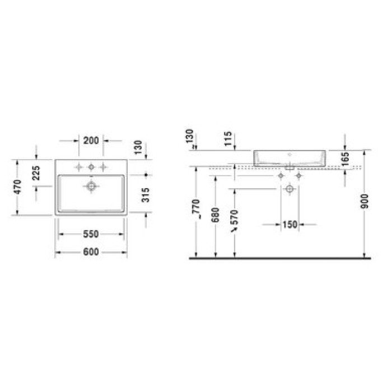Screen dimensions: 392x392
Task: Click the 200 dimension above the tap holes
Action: (91, 141)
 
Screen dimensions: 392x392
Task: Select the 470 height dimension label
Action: (18, 186)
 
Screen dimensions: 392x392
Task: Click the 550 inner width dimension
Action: (91, 234)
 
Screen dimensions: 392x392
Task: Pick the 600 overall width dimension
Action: (91, 253)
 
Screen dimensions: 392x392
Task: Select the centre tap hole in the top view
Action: (91, 166)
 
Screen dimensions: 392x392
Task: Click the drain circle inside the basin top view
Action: (91, 185)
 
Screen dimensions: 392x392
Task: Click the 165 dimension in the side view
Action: (345, 159)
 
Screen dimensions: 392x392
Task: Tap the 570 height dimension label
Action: (235, 221)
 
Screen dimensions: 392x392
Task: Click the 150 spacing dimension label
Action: (289, 225)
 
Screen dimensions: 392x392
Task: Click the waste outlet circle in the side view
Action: (289, 189)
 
